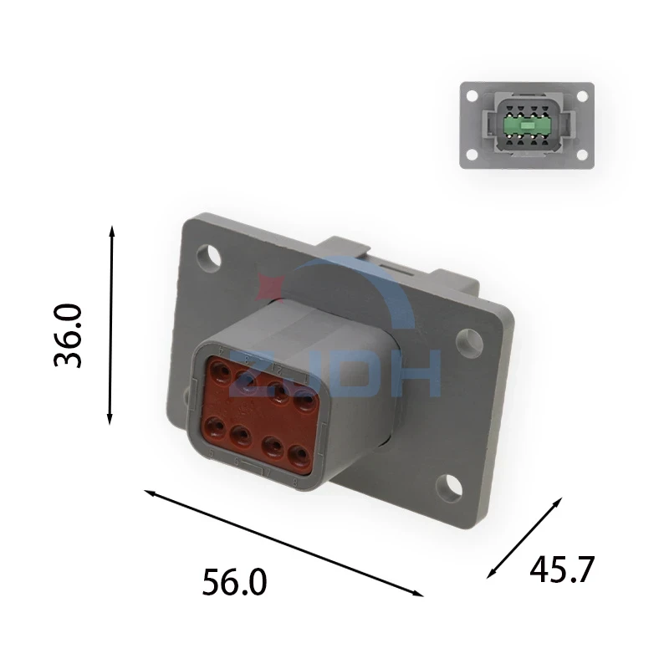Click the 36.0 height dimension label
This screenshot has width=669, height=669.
pos(68,335)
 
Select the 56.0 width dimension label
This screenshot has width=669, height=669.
pos(234,582)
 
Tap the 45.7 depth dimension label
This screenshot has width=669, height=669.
pos(562,569)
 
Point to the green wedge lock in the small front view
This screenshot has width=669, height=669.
pos(527,125)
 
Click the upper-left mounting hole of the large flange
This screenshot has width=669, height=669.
pos(208,258)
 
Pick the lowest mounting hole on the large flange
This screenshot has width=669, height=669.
pos(449,488)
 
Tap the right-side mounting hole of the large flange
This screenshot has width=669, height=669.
pos(469,342)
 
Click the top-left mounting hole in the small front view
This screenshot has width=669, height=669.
pos(472,96)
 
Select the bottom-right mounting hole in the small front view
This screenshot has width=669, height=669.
pos(582,155)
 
